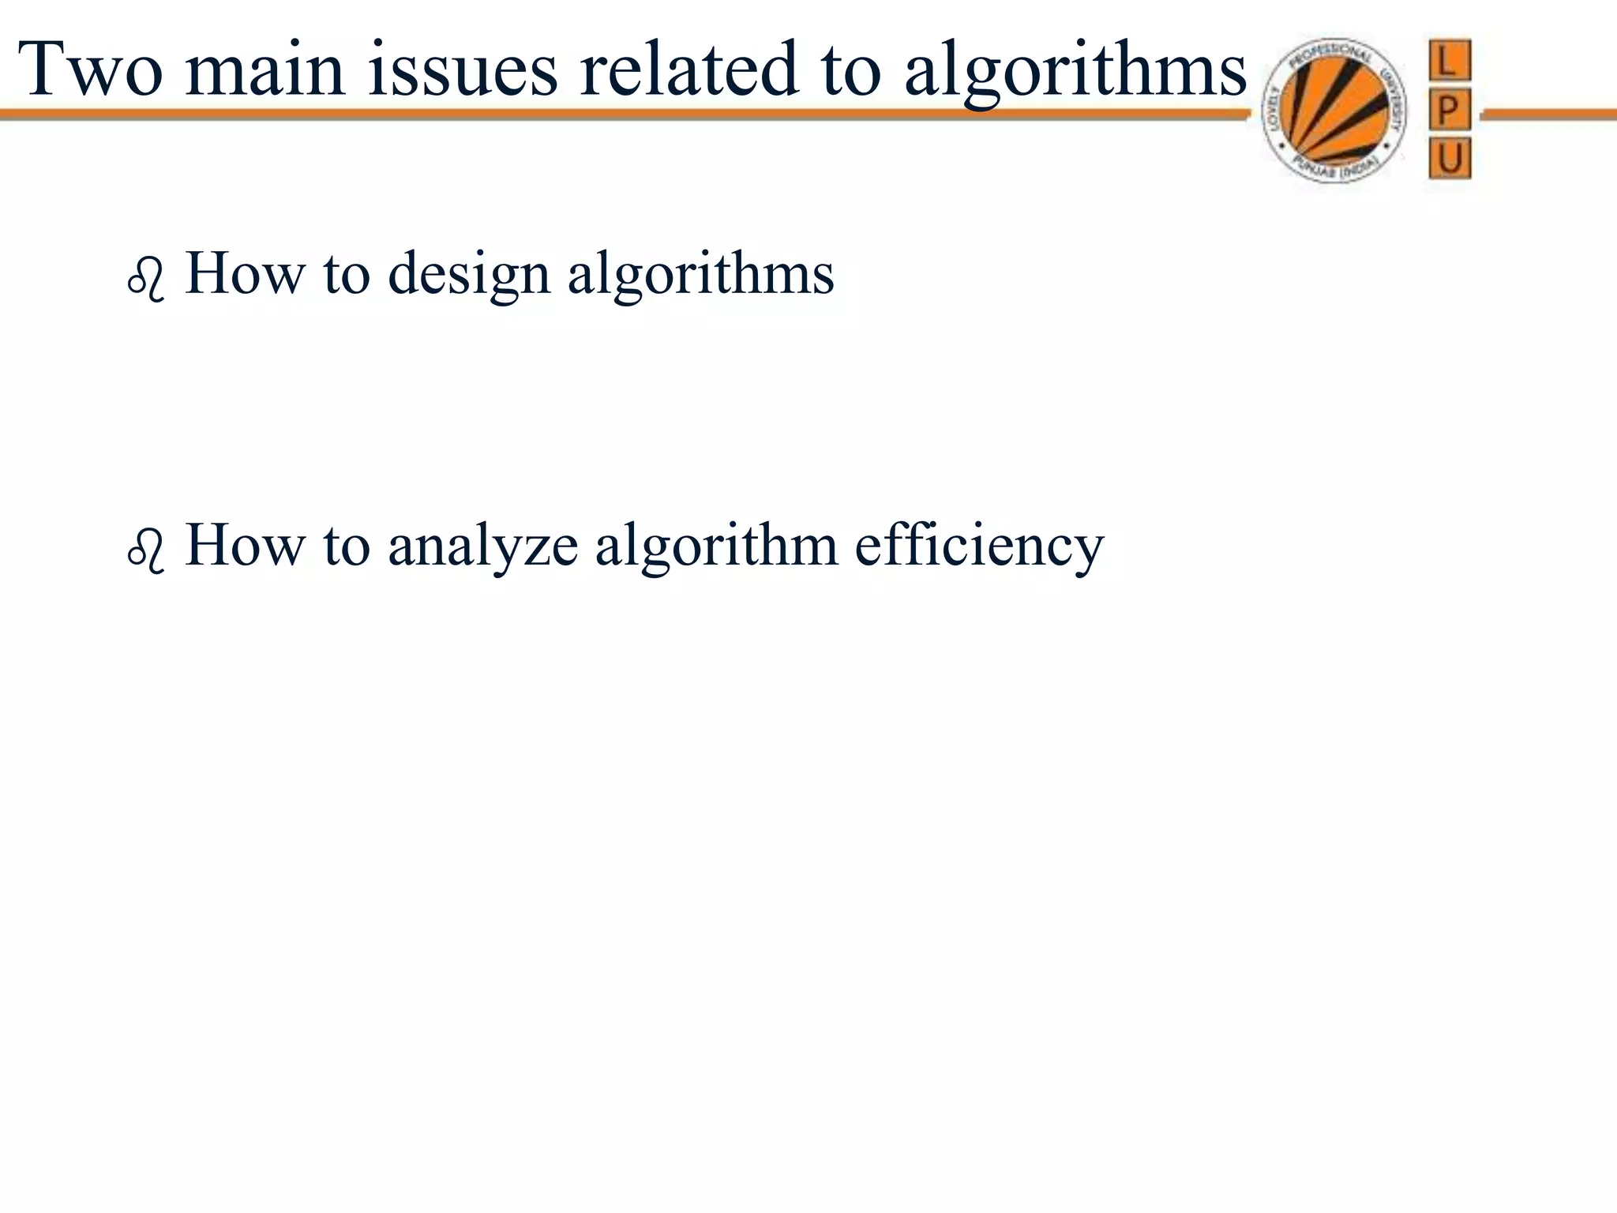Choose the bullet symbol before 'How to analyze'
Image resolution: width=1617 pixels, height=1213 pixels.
(145, 551)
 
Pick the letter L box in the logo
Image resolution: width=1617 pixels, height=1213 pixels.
(1450, 60)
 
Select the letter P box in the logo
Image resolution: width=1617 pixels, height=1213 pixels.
(1450, 110)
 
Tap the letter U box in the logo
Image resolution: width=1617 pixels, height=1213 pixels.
(1450, 159)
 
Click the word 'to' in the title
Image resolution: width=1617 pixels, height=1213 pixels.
(851, 71)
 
